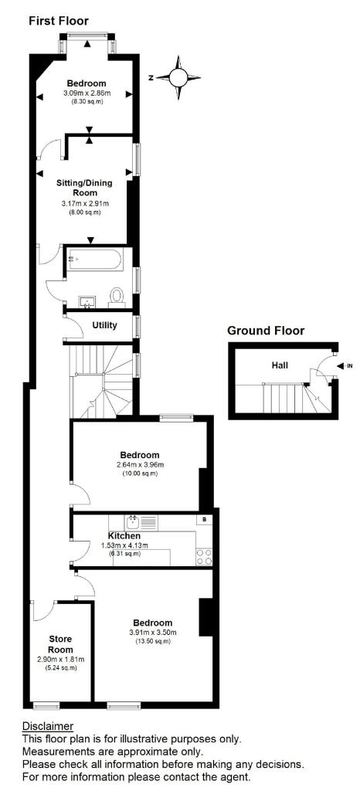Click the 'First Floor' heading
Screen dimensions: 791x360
coord(59,21)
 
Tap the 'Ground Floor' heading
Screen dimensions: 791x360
coord(266,331)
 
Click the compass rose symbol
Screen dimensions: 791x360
coord(178,77)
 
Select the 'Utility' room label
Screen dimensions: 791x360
coord(104,325)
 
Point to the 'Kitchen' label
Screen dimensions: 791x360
coord(124,535)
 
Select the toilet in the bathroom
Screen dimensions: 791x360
coord(117,295)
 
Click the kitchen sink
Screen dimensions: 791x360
coord(134,521)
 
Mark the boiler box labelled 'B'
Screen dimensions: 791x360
coord(203,520)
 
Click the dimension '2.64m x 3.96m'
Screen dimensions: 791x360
coord(140,465)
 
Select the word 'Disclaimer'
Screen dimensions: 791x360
coord(48,727)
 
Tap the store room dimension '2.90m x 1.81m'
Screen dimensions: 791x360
coord(60,660)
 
